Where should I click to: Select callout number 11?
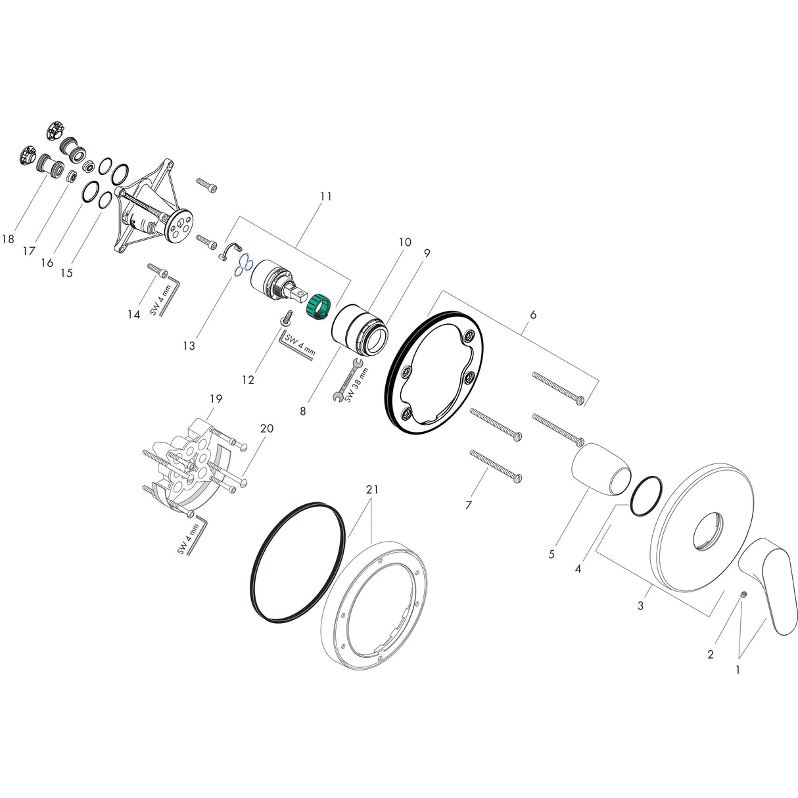click(326, 196)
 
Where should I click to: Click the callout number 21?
click(372, 490)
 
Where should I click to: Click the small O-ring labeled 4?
click(645, 496)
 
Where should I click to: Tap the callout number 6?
click(532, 315)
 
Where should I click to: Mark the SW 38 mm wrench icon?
click(347, 381)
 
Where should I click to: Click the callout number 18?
click(8, 239)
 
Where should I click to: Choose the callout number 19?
click(216, 398)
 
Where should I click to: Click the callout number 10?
click(404, 242)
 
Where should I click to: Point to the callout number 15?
click(66, 272)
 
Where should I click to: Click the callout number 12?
click(247, 380)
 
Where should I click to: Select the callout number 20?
click(266, 428)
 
